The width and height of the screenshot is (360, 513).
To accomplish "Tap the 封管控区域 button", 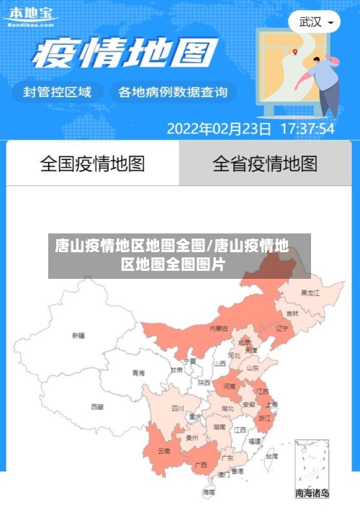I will (x=58, y=92).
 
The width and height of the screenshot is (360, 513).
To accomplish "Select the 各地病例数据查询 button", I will (x=173, y=92).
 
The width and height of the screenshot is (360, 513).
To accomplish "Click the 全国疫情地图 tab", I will (x=92, y=164).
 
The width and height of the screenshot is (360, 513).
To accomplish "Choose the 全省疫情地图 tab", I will (x=264, y=164).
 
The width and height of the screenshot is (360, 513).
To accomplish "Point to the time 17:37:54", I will (x=307, y=129).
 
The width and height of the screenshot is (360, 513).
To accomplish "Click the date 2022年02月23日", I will (x=219, y=129).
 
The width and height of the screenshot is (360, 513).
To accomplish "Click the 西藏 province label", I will (x=96, y=406).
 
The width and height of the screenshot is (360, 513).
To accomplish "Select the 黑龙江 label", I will (x=311, y=293).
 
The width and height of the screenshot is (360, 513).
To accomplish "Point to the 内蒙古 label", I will (x=218, y=328).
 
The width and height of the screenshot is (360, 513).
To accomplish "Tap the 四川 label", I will (x=178, y=408).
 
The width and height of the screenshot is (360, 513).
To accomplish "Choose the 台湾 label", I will (x=271, y=456).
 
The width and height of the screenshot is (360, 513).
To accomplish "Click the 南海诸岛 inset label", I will (x=312, y=494).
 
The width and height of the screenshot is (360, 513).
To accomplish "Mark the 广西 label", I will (x=201, y=464).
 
